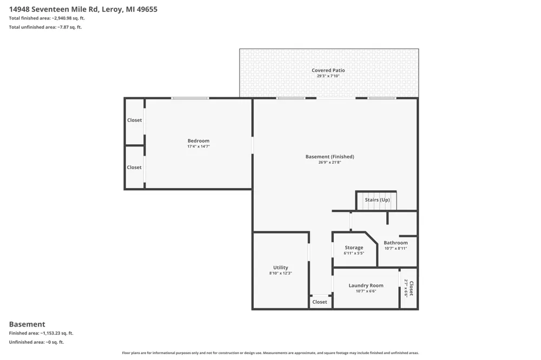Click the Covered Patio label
[x=328, y=70]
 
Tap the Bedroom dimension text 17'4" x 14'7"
[x=199, y=146]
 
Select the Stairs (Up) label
[x=378, y=199]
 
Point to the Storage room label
[x=354, y=248]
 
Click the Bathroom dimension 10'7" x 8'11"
[x=396, y=248]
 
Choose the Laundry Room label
[x=366, y=285]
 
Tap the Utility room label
[x=280, y=268]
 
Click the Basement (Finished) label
[x=330, y=157]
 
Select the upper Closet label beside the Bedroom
[x=134, y=120]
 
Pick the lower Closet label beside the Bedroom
[x=134, y=167]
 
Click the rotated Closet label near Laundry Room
[x=411, y=288]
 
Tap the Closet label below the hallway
[x=320, y=302]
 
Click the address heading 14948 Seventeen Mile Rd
[x=54, y=9]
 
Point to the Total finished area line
[x=47, y=18]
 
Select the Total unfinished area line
[x=45, y=27]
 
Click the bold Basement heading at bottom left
[x=27, y=324]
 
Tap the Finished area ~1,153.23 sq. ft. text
[x=41, y=333]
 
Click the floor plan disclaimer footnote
[x=270, y=353]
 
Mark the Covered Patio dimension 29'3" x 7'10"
[x=328, y=76]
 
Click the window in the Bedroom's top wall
[x=190, y=98]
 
